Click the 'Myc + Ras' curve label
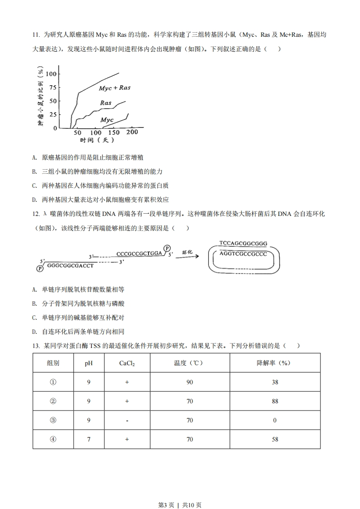pyautogui.click(x=114, y=88)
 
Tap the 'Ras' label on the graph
pyautogui.click(x=106, y=103)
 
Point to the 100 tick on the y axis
pyautogui.click(x=52, y=74)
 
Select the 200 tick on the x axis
pyautogui.click(x=132, y=132)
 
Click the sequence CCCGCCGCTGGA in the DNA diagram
pyautogui.click(x=139, y=253)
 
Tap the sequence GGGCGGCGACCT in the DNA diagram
pyautogui.click(x=70, y=265)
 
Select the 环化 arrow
pyautogui.click(x=187, y=254)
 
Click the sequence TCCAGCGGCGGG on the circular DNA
pyautogui.click(x=243, y=243)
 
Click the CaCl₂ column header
pyautogui.click(x=127, y=363)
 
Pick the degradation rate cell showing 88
pyautogui.click(x=275, y=401)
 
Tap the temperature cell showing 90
pyautogui.click(x=189, y=382)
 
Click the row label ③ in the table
pyautogui.click(x=53, y=420)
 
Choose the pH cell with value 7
pyautogui.click(x=89, y=439)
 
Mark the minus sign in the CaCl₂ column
pyautogui.click(x=127, y=421)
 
